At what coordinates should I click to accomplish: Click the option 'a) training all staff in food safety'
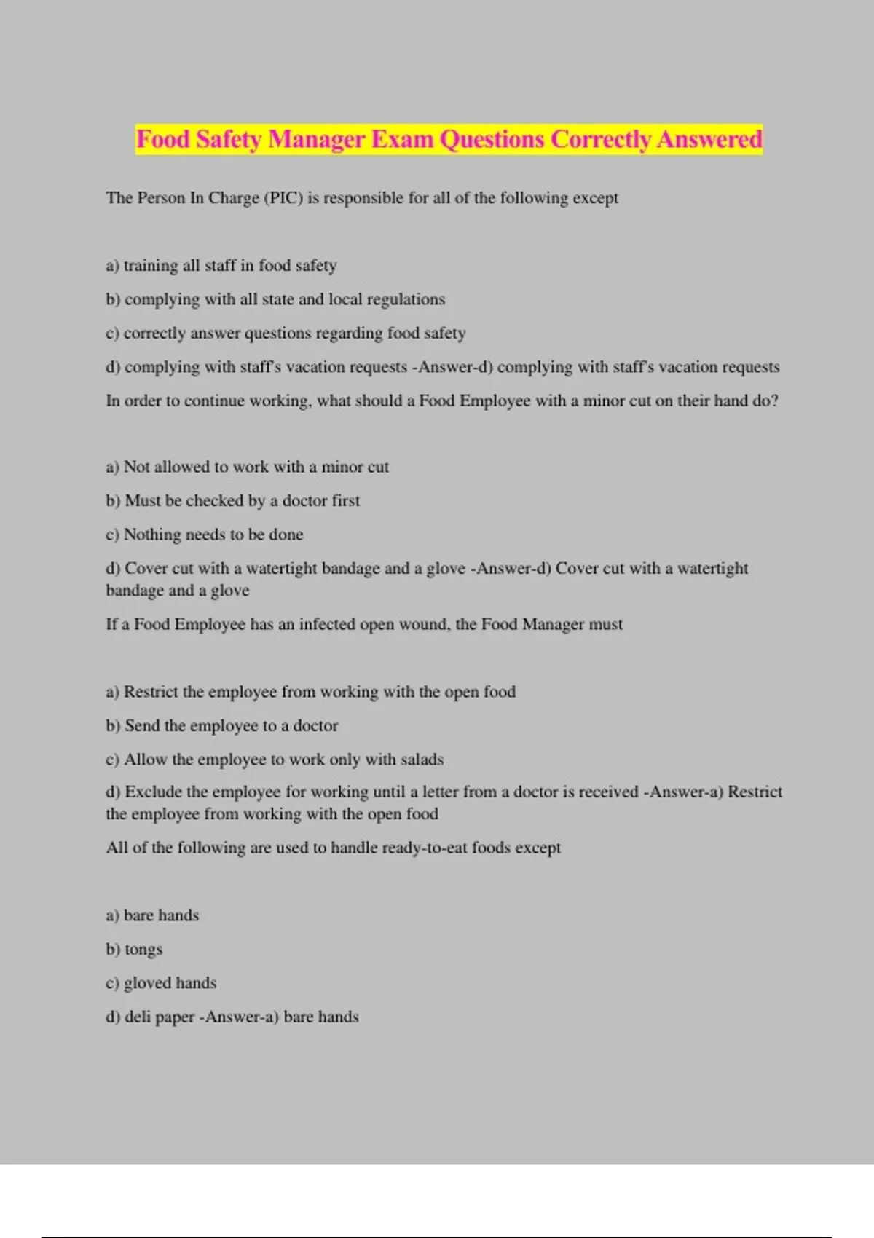click(x=221, y=266)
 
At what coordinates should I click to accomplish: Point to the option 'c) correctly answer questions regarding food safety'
click(x=286, y=334)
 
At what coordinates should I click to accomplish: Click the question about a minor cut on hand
click(x=441, y=401)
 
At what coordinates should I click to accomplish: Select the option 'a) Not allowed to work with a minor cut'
click(x=247, y=467)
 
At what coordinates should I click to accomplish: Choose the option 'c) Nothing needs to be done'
click(x=204, y=535)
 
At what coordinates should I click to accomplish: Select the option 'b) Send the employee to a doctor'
click(x=222, y=725)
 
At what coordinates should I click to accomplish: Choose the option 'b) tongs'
click(x=134, y=950)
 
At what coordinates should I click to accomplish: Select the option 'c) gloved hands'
click(x=161, y=983)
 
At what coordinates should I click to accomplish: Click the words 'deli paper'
click(x=160, y=1017)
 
